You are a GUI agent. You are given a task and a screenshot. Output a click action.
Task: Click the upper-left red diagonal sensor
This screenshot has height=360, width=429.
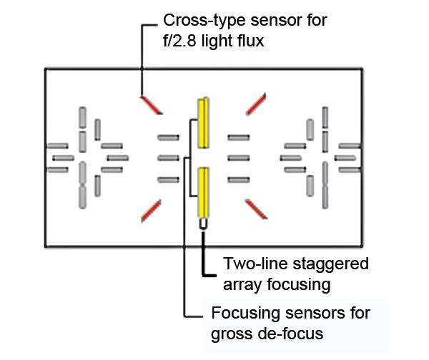pyautogui.click(x=152, y=105)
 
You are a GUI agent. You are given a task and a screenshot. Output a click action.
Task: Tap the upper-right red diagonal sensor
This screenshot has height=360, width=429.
pyautogui.click(x=256, y=104)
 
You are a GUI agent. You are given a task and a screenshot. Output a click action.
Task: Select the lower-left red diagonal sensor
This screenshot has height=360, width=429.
pyautogui.click(x=151, y=211)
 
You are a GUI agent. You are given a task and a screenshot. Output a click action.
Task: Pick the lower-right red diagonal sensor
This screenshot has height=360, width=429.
pyautogui.click(x=257, y=209)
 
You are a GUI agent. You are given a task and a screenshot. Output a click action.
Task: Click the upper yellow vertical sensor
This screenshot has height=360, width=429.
pyautogui.click(x=204, y=123)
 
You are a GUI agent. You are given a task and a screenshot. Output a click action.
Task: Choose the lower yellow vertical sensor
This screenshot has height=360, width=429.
pyautogui.click(x=204, y=193)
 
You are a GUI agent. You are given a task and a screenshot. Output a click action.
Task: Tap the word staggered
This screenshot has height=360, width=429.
pyautogui.click(x=330, y=265)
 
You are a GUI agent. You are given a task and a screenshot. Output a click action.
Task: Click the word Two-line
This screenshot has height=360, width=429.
pyautogui.click(x=256, y=264)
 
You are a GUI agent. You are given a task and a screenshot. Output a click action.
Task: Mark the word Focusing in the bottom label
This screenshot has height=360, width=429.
pyautogui.click(x=246, y=314)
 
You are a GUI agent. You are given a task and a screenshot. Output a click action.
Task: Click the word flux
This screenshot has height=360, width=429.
pyautogui.click(x=252, y=41)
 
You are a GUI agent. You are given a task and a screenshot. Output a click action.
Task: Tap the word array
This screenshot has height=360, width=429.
pyautogui.click(x=242, y=286)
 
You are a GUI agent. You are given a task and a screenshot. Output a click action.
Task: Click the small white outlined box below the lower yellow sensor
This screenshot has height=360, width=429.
pyautogui.click(x=203, y=224)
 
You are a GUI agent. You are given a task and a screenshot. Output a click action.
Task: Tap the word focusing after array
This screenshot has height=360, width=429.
pyautogui.click(x=298, y=285)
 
